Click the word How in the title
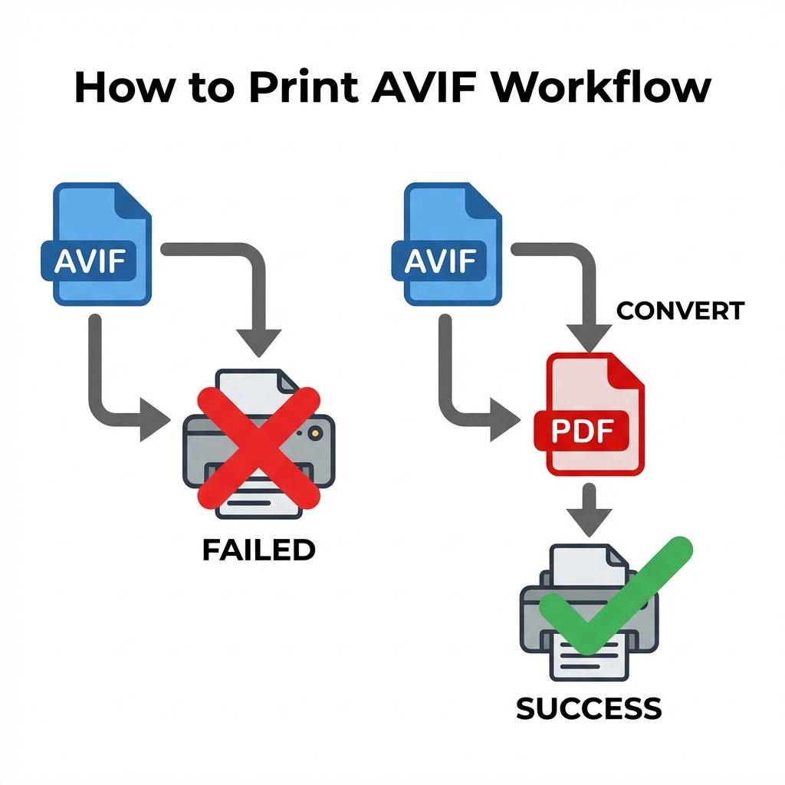click(122, 88)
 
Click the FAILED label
click(258, 550)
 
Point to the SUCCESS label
click(589, 708)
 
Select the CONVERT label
click(680, 310)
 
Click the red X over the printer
click(258, 447)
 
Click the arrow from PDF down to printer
click(589, 510)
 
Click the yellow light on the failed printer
click(312, 434)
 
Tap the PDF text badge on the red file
click(581, 432)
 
